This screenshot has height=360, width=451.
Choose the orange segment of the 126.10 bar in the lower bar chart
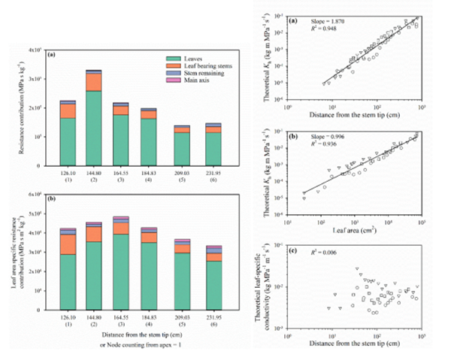tap(67, 244)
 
